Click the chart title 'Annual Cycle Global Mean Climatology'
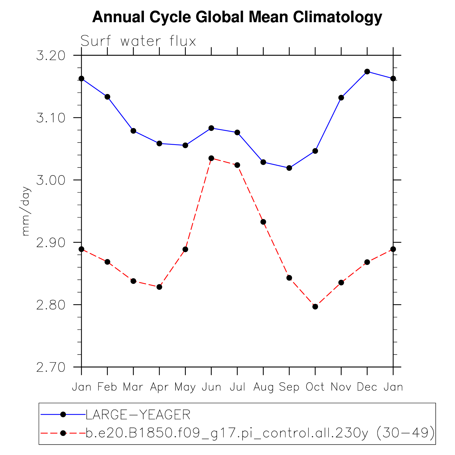coord(237,17)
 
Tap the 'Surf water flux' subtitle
coord(138,41)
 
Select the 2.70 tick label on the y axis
coord(51,367)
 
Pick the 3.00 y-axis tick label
coord(51,180)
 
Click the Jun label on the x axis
coord(211,387)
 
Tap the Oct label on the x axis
coord(315,387)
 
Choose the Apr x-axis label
coord(159,387)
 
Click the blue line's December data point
coord(367,72)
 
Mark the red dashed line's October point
coord(315,307)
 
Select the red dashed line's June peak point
coord(211,158)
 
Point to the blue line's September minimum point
coord(289,168)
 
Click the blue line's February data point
coord(107,97)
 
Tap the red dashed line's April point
coord(159,287)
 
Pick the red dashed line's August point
coord(263,222)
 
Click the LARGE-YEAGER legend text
coord(138,415)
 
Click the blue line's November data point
coord(341,98)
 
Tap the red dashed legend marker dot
coord(63,433)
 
